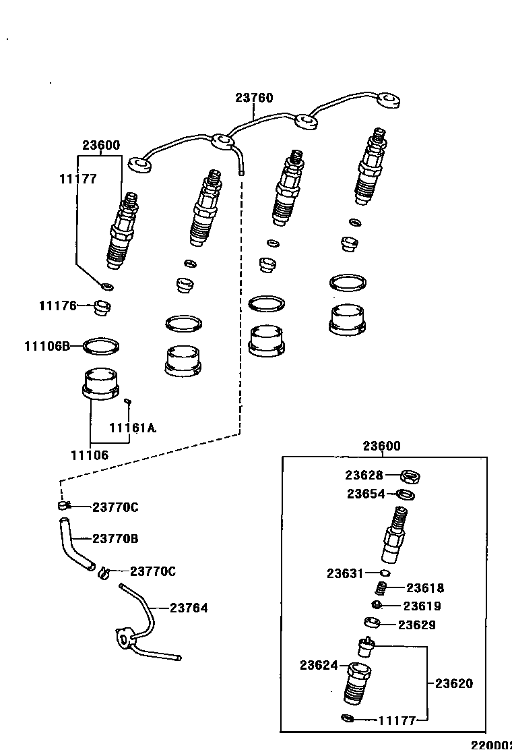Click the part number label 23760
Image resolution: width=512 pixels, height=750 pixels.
tap(254, 98)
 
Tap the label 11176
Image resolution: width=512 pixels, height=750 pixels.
tap(58, 306)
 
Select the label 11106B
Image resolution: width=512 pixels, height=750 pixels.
tap(47, 346)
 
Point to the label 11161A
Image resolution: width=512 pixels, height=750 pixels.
tap(133, 428)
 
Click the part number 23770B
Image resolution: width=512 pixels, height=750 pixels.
tap(115, 539)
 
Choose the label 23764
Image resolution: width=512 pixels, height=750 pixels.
tap(189, 608)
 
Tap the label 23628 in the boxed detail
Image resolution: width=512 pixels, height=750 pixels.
tap(364, 475)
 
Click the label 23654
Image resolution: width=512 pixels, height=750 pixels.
tap(366, 494)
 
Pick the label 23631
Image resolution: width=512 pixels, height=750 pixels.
tap(346, 573)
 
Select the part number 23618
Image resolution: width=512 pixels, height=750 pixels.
tap(425, 588)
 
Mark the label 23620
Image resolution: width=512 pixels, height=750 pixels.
tap(454, 683)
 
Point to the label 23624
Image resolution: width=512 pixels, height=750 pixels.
tap(319, 665)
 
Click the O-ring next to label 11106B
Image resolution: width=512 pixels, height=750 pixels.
tap(102, 347)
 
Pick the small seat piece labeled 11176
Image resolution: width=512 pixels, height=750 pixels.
tap(102, 308)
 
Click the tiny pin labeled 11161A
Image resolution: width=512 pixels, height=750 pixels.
tap(127, 402)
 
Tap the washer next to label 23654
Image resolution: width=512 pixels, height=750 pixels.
tap(406, 495)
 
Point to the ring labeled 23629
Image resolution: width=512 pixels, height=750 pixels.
tap(373, 623)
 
